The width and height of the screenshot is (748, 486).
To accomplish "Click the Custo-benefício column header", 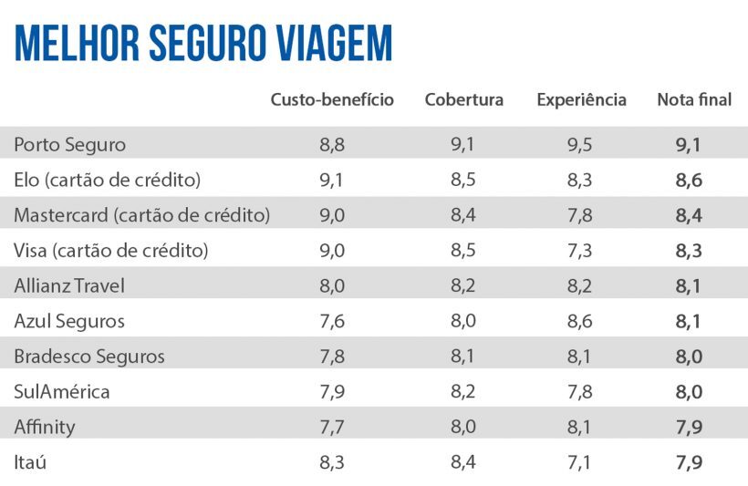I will coord(332,100).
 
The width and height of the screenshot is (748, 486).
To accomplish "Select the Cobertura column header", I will coord(463,100).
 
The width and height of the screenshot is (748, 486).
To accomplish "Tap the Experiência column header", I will coord(581,100).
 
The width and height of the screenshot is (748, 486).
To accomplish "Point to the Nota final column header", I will coord(694,100).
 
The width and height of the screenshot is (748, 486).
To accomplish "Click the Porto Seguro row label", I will coord(70,144).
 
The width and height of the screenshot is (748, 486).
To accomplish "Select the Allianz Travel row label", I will coord(69,285).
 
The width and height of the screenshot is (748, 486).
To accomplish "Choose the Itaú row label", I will coord(30,462).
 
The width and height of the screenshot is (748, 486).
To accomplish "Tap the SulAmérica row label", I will coord(62,392).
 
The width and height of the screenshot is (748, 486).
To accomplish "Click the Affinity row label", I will coord(45,427).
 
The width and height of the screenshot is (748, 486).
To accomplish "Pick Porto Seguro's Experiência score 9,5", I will coord(580,144).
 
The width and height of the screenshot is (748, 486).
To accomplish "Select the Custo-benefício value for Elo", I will coord(332,180).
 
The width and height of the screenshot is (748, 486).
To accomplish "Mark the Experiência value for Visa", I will coord(580,251).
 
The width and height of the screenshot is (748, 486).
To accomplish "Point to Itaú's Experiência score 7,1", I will coord(580,462).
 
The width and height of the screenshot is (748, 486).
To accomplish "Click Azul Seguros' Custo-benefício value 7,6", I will coord(332,321).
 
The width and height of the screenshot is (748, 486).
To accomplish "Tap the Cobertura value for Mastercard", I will coord(463,215).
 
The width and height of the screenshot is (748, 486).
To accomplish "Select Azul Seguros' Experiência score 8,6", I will coord(580,321).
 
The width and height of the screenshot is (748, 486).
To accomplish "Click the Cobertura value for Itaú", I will coord(463,462).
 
